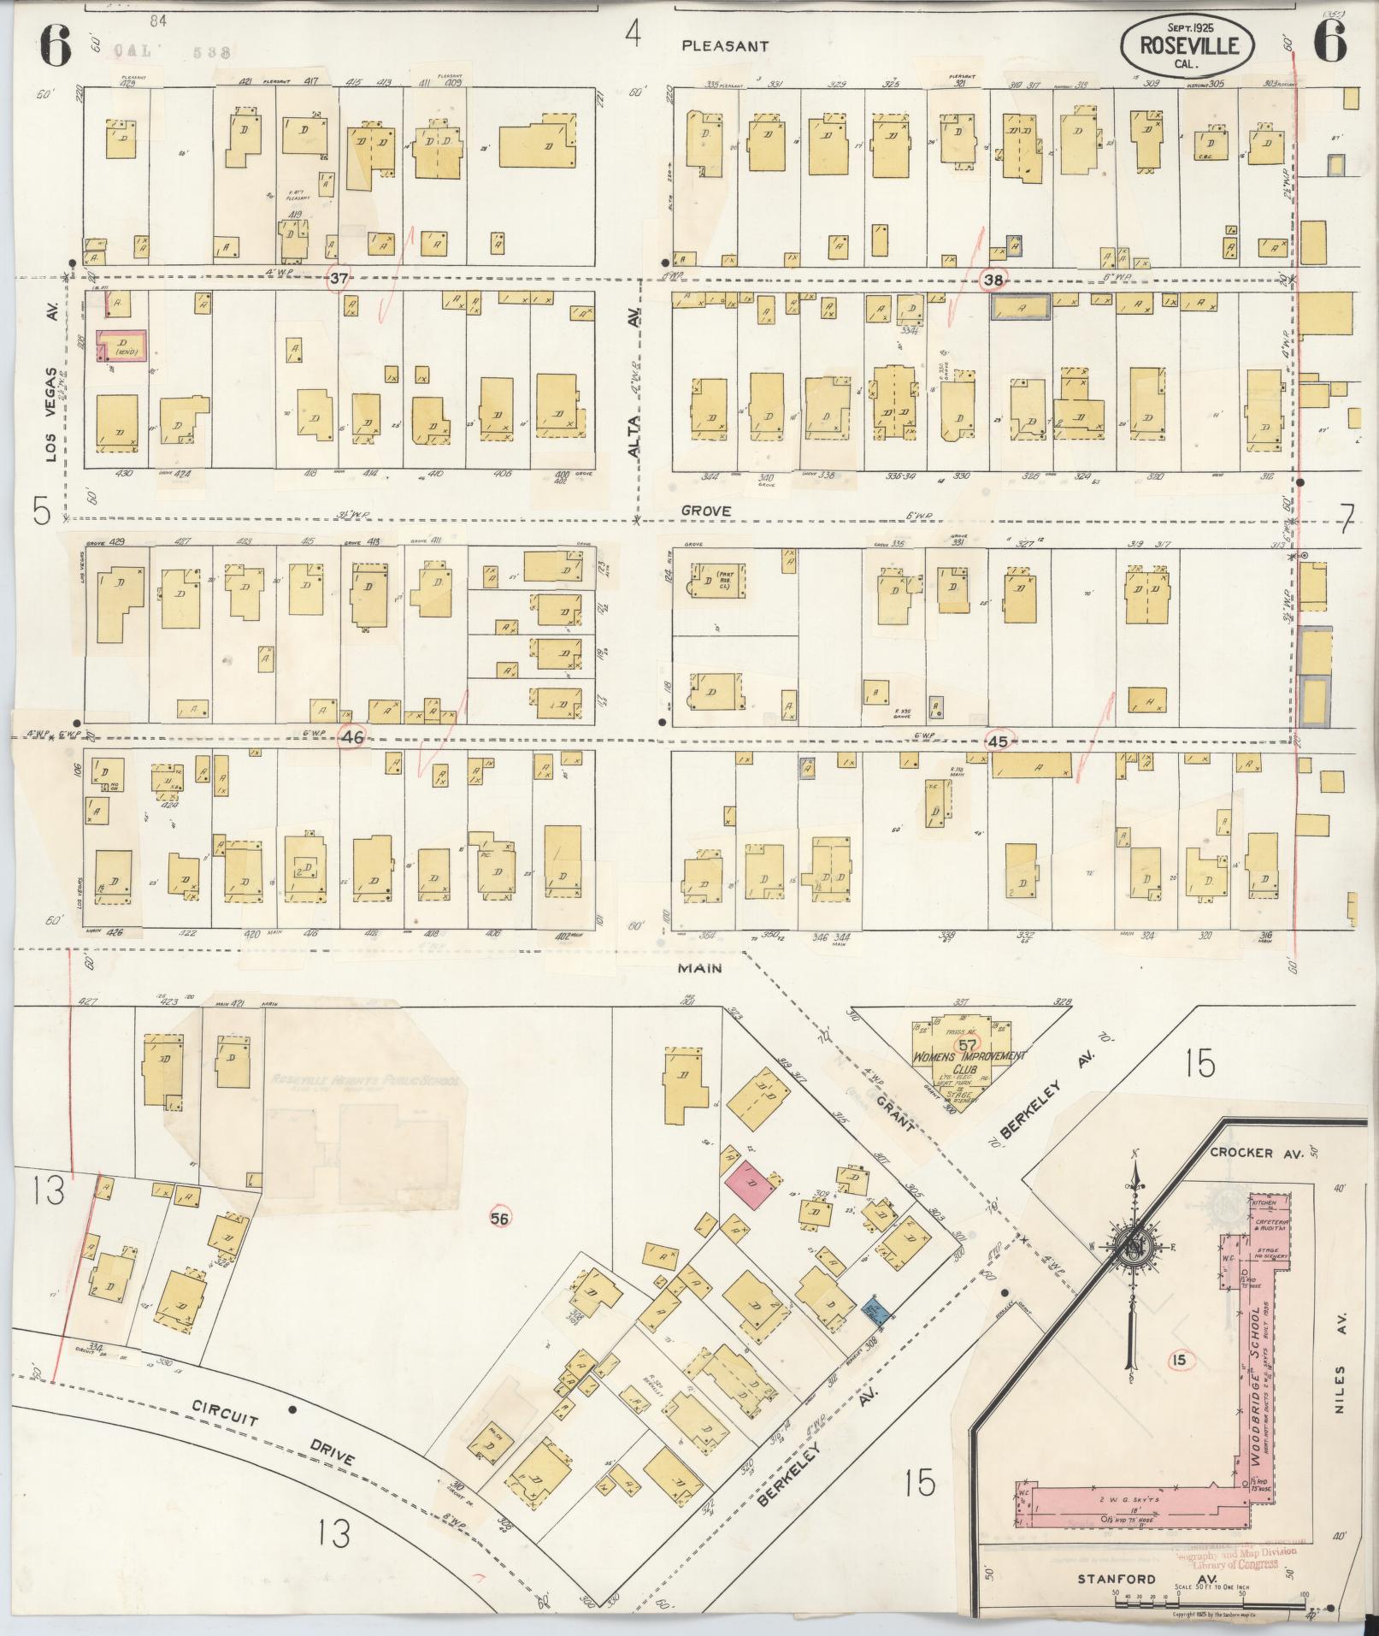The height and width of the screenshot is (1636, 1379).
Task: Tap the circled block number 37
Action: pos(340,279)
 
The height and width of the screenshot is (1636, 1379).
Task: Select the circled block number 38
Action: pos(994,280)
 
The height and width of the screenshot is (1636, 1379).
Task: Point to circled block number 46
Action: pos(352,736)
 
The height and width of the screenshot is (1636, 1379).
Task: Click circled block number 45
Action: pos(998,741)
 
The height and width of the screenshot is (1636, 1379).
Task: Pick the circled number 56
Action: pos(500,1218)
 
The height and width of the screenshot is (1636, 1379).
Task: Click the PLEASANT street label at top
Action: pos(725,46)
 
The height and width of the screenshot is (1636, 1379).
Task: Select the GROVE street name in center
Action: pos(706,511)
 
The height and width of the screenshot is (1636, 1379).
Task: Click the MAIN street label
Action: pos(701,968)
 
